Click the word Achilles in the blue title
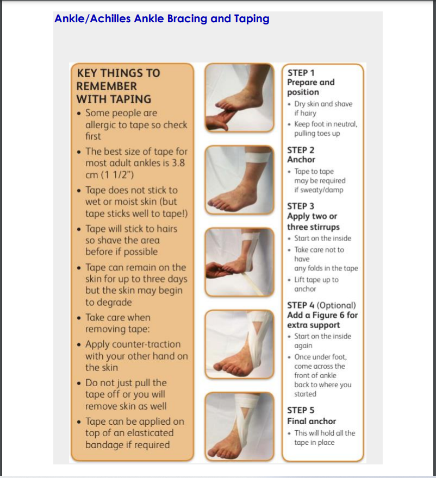click(x=110, y=18)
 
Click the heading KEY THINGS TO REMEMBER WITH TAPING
click(x=119, y=86)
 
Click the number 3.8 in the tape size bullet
click(x=178, y=163)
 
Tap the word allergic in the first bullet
click(x=105, y=125)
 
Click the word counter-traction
click(x=133, y=344)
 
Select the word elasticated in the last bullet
click(x=151, y=433)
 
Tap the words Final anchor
click(x=312, y=422)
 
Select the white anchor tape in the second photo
click(x=258, y=158)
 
